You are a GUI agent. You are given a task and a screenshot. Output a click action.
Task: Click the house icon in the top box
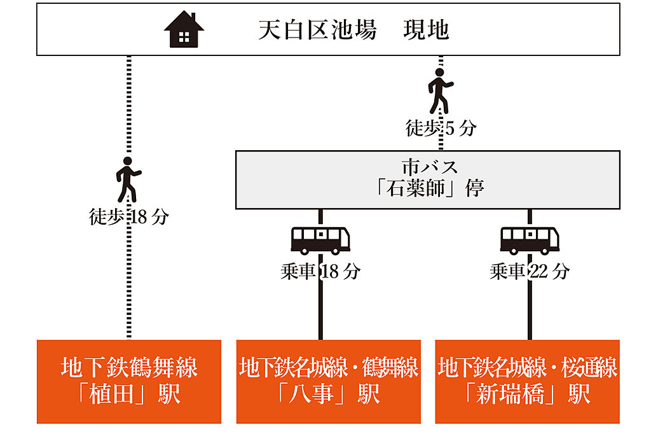(x=184, y=29)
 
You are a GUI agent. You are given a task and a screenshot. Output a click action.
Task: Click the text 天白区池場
(x=318, y=30)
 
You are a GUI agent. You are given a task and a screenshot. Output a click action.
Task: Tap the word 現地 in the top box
(x=427, y=30)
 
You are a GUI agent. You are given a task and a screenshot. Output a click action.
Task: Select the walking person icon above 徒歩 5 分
(x=440, y=91)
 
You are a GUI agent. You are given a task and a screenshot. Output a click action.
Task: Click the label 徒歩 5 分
(x=441, y=128)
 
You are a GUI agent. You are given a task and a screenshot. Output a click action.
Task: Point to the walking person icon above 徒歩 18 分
(x=128, y=179)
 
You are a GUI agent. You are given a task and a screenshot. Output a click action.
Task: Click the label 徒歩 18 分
(x=129, y=216)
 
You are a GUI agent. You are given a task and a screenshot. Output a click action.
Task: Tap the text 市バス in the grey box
(x=430, y=167)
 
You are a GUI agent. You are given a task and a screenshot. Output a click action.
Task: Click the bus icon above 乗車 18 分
(x=320, y=241)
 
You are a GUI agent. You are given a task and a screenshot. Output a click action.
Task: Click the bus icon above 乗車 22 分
(x=530, y=241)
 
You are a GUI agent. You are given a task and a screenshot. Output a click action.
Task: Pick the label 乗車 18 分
(x=320, y=272)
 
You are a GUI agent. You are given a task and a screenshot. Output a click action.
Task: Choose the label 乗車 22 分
(x=530, y=272)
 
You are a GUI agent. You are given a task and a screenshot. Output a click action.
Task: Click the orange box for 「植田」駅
(x=128, y=382)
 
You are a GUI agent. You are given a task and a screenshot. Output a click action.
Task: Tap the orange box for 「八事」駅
(x=329, y=382)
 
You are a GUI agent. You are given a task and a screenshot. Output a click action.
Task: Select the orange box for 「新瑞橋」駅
(x=527, y=382)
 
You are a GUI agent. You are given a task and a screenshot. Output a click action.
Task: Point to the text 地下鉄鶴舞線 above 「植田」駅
(x=129, y=367)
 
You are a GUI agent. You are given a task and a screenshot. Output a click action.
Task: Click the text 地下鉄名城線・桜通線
(x=527, y=367)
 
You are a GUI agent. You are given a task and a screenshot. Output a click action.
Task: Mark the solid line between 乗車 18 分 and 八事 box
(x=320, y=311)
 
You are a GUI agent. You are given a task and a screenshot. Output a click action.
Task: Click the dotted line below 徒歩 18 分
(x=128, y=283)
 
